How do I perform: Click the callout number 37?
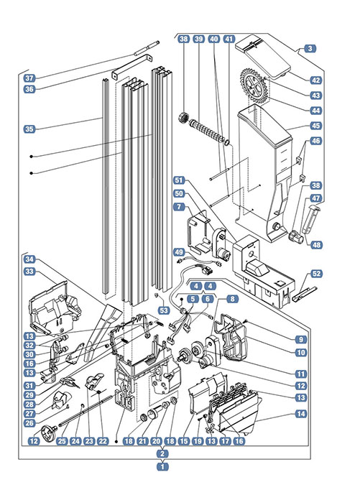(29, 78)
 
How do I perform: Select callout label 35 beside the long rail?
(29, 129)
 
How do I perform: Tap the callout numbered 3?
(310, 48)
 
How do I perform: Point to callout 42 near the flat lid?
(315, 80)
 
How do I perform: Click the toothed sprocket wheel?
(254, 85)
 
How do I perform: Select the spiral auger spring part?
(208, 129)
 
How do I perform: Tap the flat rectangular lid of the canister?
(262, 56)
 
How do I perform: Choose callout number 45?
(315, 126)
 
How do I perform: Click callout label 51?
(179, 180)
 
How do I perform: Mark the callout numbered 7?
(179, 206)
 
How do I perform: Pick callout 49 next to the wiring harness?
(179, 252)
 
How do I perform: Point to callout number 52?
(316, 274)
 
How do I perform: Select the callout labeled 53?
(164, 310)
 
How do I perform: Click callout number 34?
(29, 259)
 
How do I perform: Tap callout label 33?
(29, 272)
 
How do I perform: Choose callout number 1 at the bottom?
(162, 466)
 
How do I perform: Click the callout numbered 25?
(62, 440)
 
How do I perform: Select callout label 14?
(301, 414)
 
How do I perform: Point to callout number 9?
(301, 339)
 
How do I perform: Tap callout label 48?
(316, 245)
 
